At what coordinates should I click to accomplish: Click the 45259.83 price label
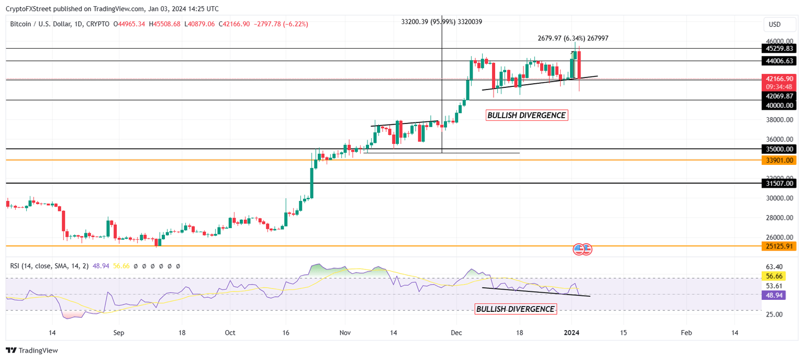pyautogui.click(x=779, y=49)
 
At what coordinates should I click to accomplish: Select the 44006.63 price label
pyautogui.click(x=779, y=61)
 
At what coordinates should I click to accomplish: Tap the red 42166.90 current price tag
pyautogui.click(x=779, y=78)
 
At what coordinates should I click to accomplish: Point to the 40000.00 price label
pyautogui.click(x=779, y=105)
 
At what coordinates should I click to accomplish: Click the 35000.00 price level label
pyautogui.click(x=779, y=149)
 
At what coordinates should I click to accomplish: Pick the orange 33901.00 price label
pyautogui.click(x=779, y=160)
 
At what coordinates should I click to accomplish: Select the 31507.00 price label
pyautogui.click(x=779, y=183)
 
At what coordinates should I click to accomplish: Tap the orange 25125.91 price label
pyautogui.click(x=779, y=246)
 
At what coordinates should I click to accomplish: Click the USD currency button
pyautogui.click(x=775, y=24)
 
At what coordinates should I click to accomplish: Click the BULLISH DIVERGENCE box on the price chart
pyautogui.click(x=527, y=115)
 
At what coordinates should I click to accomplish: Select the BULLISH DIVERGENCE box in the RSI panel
pyautogui.click(x=515, y=309)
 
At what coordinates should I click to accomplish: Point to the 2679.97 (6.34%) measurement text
pyautogui.click(x=573, y=38)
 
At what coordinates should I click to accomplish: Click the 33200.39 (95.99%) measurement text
pyautogui.click(x=441, y=21)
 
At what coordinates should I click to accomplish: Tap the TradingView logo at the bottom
pyautogui.click(x=32, y=351)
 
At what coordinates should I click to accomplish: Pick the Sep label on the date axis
pyautogui.click(x=118, y=333)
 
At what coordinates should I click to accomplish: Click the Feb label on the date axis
pyautogui.click(x=687, y=333)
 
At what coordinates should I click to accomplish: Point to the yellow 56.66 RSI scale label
pyautogui.click(x=774, y=276)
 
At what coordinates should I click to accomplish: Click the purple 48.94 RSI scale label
pyautogui.click(x=774, y=295)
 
